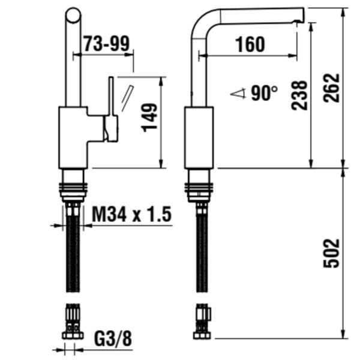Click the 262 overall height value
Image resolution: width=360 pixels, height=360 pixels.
click(x=331, y=88)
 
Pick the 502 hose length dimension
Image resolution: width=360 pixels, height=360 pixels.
click(x=331, y=253)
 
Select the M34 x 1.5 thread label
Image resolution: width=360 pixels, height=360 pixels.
click(x=132, y=214)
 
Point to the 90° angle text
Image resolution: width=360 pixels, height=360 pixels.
click(x=265, y=93)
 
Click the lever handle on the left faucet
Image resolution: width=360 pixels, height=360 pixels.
click(x=110, y=108)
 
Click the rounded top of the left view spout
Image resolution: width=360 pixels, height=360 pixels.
click(x=73, y=16)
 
